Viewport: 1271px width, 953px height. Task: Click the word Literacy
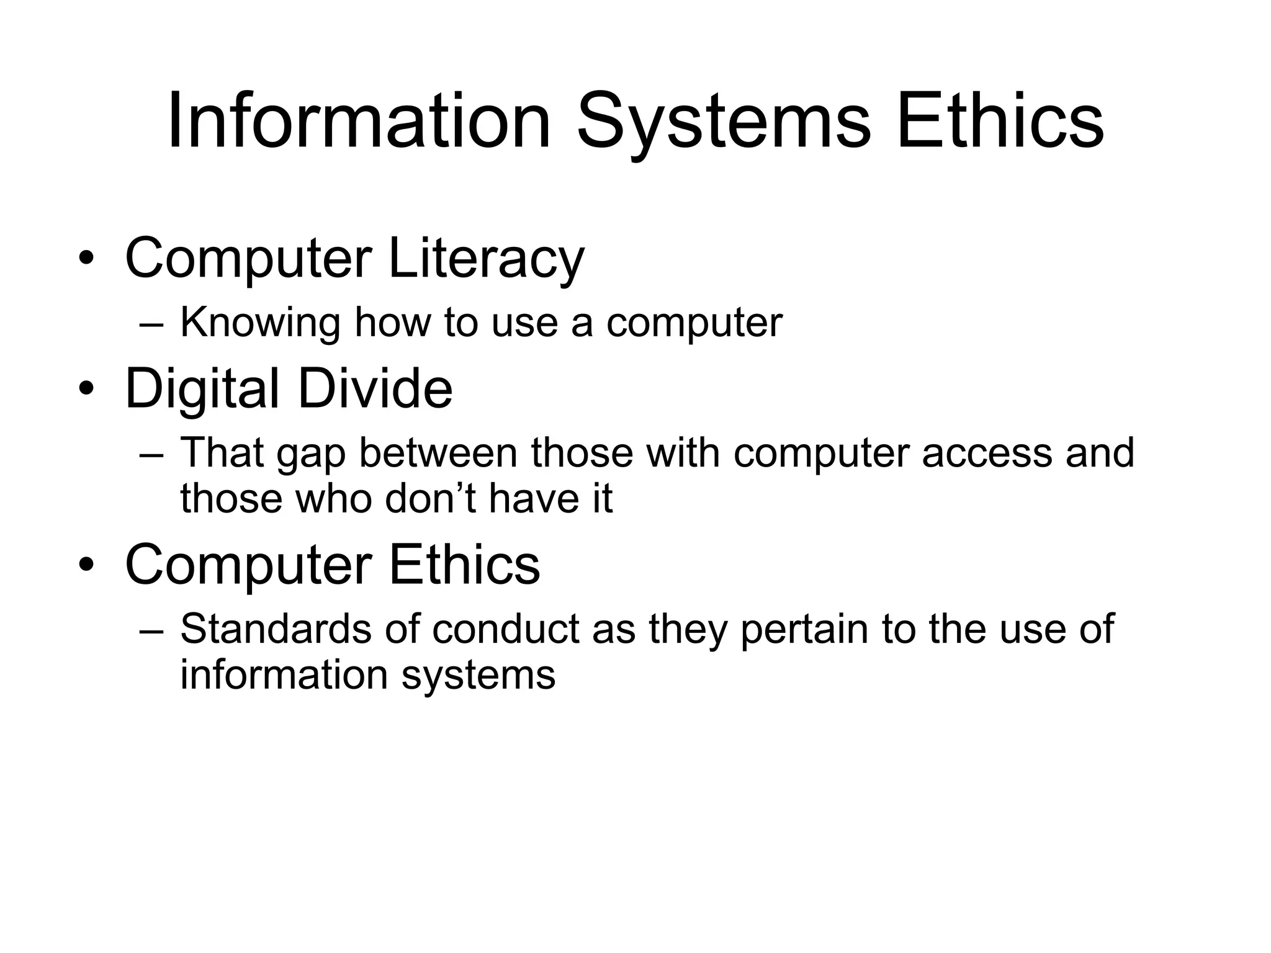(486, 257)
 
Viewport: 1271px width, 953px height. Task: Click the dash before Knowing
(151, 324)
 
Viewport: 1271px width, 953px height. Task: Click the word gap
(310, 454)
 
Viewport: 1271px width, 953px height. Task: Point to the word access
(987, 454)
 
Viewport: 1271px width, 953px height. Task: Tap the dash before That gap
(151, 454)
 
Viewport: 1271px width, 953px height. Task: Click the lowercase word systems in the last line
(478, 675)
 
